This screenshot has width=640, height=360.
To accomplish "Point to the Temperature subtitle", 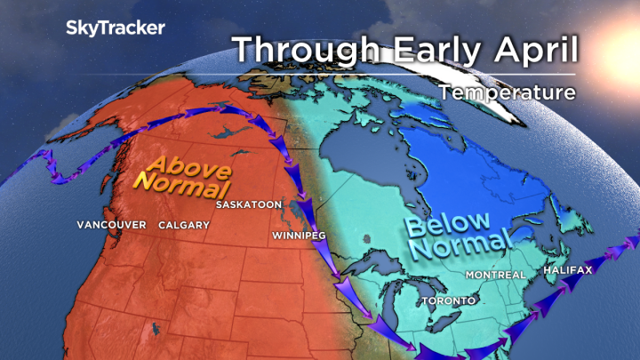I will [507, 92].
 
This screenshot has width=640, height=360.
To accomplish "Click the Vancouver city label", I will [111, 225].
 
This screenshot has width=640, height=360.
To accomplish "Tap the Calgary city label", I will [184, 225].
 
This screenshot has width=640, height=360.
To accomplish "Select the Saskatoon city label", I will [249, 204].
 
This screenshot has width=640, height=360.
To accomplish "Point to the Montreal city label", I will [495, 275].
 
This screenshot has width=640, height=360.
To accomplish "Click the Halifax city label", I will [569, 268].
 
